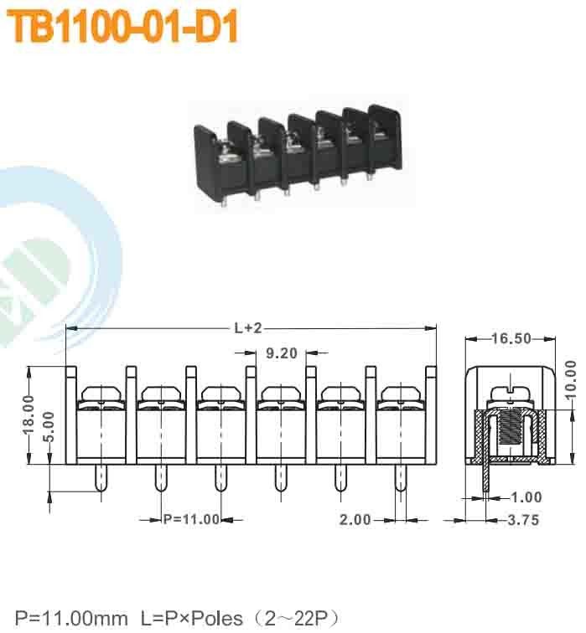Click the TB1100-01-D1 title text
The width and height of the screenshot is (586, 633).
click(123, 28)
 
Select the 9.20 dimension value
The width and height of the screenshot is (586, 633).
click(282, 353)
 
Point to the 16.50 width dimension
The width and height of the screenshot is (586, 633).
click(511, 338)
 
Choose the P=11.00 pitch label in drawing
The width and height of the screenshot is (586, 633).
click(190, 519)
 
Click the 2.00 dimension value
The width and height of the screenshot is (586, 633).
click(355, 519)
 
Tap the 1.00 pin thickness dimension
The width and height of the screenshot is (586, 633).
click(526, 497)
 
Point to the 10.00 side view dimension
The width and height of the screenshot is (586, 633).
click(571, 382)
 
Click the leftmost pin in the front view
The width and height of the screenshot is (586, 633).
click(101, 479)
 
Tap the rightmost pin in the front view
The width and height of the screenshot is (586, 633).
click(399, 479)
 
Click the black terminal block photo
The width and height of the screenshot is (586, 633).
click(298, 155)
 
